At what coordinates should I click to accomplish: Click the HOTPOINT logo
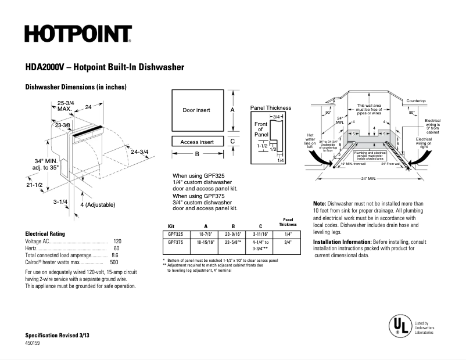point(78,34)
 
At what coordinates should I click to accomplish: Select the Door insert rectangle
point(196,110)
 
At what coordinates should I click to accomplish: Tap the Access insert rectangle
point(196,142)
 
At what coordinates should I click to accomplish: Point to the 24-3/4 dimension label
point(139,152)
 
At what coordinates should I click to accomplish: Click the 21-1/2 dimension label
point(34,184)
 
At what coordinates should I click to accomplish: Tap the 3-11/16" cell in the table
point(260,233)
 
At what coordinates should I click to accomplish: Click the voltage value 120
point(117,241)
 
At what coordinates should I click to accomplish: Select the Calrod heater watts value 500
point(114,262)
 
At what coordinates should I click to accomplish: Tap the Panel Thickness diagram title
point(270,108)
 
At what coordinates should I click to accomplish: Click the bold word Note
point(319,204)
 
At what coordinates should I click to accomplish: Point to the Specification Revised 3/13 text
point(57,336)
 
